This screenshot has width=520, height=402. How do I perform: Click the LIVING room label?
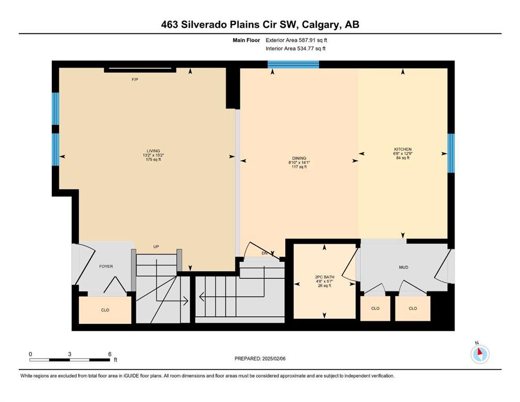point(153,151)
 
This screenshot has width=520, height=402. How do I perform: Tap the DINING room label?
point(299,159)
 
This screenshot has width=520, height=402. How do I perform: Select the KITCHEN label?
point(403,150)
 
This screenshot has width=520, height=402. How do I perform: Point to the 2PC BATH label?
point(324,277)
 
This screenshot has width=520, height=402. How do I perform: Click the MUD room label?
point(404,267)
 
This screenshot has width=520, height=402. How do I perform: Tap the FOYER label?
point(106,266)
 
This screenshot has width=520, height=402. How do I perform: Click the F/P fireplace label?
point(135,80)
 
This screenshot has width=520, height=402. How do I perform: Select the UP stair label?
point(156,247)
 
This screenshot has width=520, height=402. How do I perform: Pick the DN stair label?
point(264,253)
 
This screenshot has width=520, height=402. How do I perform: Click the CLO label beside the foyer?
point(105,310)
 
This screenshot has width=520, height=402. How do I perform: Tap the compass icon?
point(480,354)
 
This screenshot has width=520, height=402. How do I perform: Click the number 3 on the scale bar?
point(70,354)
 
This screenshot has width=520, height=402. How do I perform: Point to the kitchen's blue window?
point(451,153)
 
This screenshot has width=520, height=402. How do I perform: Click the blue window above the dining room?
point(293,64)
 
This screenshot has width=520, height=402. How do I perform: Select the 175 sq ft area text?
point(153,160)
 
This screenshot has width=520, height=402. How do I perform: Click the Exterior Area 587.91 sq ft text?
point(296,40)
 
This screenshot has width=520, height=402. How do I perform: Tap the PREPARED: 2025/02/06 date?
point(260,359)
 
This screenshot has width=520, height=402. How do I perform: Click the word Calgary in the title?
point(322,25)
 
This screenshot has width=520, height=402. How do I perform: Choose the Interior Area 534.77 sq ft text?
point(295,49)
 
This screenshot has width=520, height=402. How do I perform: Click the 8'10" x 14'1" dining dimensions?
point(299,163)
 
